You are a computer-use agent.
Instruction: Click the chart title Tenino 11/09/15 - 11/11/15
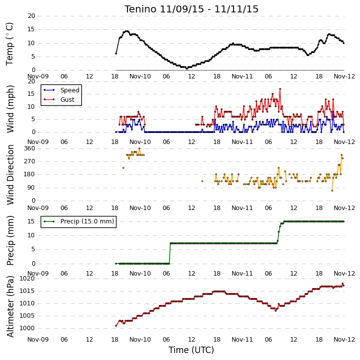(x=191, y=9)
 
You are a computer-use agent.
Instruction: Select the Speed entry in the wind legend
(x=61, y=90)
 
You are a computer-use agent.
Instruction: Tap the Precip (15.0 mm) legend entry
(x=79, y=221)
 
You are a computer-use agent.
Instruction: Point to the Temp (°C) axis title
(x=9, y=44)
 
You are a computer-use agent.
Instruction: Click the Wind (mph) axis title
(x=10, y=109)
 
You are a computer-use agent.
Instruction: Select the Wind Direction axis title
(x=10, y=175)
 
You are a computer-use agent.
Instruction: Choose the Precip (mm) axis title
(x=10, y=240)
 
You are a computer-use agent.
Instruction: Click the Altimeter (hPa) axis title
(x=10, y=306)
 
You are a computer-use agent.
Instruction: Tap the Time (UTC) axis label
(x=191, y=350)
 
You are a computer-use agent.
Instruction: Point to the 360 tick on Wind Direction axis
(x=30, y=148)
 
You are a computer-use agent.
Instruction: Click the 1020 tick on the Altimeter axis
(x=27, y=279)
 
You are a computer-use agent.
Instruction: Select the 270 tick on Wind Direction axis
(x=30, y=161)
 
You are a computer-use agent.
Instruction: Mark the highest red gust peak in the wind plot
(x=280, y=89)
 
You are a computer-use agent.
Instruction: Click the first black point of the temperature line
(x=116, y=54)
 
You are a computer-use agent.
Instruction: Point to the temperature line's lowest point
(x=187, y=69)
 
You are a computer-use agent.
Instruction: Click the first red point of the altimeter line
(x=116, y=326)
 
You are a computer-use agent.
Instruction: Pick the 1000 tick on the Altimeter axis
(x=27, y=328)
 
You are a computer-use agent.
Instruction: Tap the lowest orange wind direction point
(x=332, y=191)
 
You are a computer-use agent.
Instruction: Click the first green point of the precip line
(x=116, y=264)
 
